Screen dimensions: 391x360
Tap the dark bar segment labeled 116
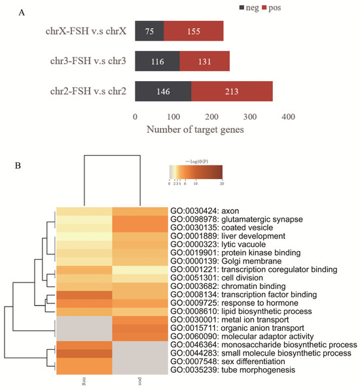pyautogui.click(x=157, y=61)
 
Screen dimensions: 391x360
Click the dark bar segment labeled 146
pyautogui.click(x=163, y=92)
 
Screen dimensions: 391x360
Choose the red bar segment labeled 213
pyautogui.click(x=232, y=92)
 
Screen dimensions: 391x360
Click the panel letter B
pyautogui.click(x=17, y=165)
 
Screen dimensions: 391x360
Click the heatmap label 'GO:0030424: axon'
pyautogui.click(x=209, y=211)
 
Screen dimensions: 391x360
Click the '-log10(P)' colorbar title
pyautogui.click(x=195, y=158)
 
